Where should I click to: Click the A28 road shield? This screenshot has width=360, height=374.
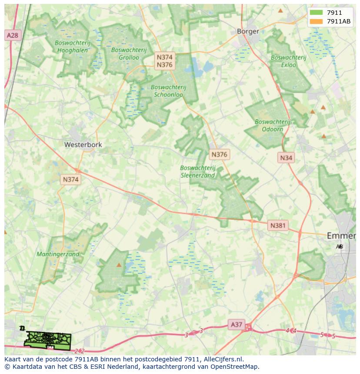coord(12,35)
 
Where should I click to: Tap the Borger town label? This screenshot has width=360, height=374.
coord(248,31)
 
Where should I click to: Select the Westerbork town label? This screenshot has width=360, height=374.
coord(83,145)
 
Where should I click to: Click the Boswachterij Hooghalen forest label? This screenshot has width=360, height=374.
coord(72,46)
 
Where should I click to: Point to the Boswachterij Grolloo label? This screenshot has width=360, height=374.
coord(125,53)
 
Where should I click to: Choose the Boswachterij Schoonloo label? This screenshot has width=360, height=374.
coord(168,90)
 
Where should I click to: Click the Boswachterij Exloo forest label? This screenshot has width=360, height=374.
coord(288,61)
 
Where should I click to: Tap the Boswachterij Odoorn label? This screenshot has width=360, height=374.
coord(273,126)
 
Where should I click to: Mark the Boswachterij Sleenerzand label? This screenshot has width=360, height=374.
coord(198,172)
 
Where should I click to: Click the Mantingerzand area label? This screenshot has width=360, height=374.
coord(58,254)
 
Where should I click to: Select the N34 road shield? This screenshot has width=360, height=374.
coord(286,158)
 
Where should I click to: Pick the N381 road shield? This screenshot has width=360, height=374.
coord(278,225)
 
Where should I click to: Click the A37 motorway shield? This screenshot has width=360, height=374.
coord(237,324)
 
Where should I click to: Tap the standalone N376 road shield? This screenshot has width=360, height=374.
coord(219,154)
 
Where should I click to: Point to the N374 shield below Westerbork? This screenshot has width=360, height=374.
coord(71,179)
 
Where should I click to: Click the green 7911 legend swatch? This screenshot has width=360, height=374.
coord(316,13)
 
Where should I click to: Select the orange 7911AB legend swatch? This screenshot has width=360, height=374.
coord(316,21)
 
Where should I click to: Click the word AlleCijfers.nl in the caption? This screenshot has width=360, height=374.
coord(223,359)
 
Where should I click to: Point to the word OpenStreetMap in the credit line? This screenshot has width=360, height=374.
coord(235,367)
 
